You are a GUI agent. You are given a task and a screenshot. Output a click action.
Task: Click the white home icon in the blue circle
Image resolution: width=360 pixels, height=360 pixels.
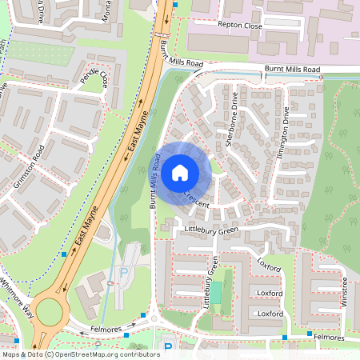click(x=180, y=172)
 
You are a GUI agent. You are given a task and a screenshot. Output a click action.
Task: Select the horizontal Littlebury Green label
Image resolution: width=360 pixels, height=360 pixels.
click(x=211, y=230)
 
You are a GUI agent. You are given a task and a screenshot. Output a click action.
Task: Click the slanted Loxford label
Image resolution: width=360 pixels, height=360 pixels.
click(x=270, y=265)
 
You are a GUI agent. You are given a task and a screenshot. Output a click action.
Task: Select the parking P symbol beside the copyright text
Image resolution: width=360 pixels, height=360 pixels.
click(x=168, y=347)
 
